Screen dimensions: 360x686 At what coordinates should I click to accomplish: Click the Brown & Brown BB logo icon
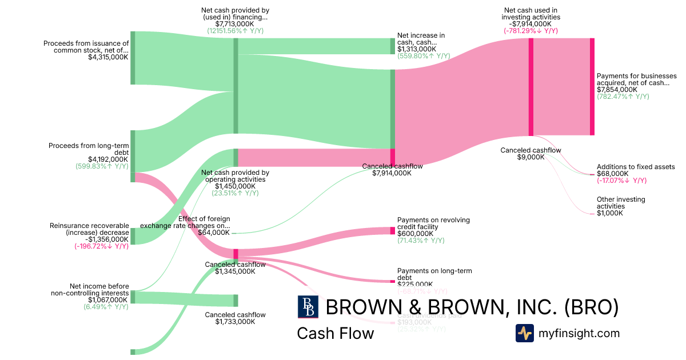pyautogui.click(x=308, y=307)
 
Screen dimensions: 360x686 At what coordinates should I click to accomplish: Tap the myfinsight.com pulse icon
pyautogui.click(x=524, y=333)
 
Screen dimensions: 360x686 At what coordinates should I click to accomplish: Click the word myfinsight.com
pyautogui.click(x=579, y=333)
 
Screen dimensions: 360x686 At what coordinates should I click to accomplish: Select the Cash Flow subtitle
pyautogui.click(x=335, y=333)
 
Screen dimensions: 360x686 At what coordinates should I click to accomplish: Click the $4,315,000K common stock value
pyautogui.click(x=108, y=57)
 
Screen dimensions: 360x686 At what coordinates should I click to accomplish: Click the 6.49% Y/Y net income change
pyautogui.click(x=102, y=307)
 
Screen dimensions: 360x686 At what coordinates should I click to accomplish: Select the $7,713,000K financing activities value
pyautogui.click(x=235, y=24)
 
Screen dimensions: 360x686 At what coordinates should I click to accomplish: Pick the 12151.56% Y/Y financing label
pyautogui.click(x=235, y=31)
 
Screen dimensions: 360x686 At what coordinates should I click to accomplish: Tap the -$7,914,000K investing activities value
pyautogui.click(x=531, y=24)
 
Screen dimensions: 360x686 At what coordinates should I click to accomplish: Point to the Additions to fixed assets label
pyautogui.click(x=636, y=167)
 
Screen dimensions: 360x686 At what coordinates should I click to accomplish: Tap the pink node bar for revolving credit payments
pyautogui.click(x=393, y=230)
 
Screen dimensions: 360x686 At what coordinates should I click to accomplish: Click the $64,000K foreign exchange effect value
pyautogui.click(x=214, y=233)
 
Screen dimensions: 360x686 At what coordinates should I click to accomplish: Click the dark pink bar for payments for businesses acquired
pyautogui.click(x=592, y=87)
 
